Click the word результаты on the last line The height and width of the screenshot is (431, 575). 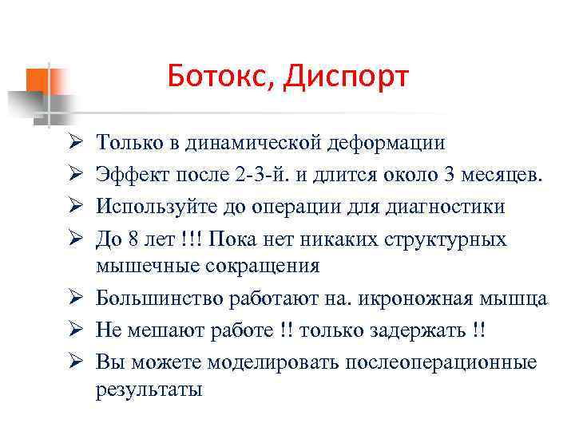coord(149,389)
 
